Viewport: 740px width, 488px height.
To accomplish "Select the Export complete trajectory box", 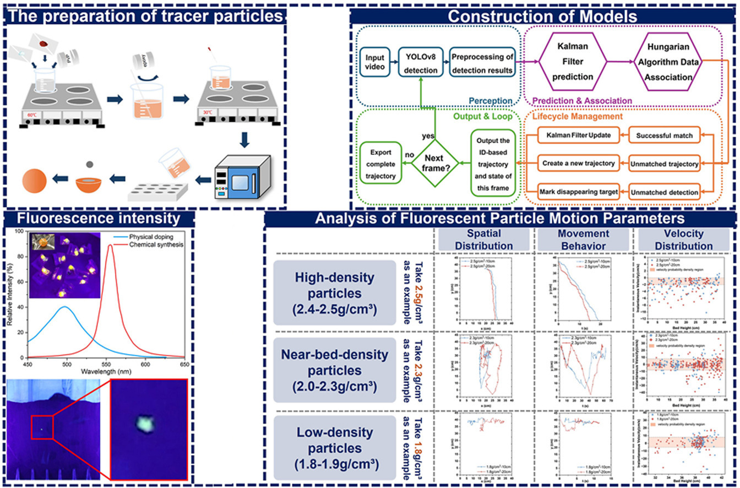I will pos(380,164).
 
